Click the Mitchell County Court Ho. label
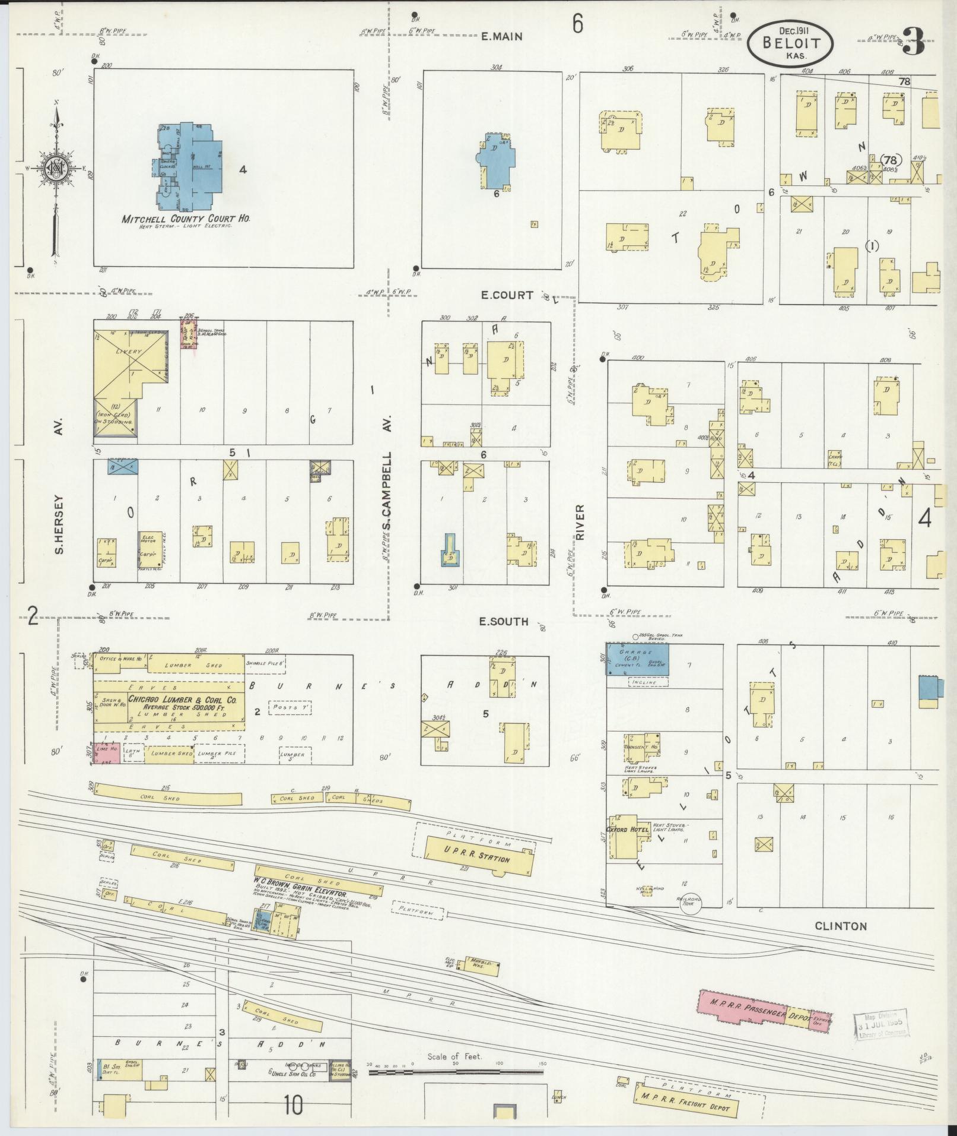coord(186,219)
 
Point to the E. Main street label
coord(501,36)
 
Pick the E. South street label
coord(504,622)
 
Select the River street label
coord(580,521)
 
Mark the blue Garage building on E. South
coord(637,659)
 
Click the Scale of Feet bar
coord(456,1072)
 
